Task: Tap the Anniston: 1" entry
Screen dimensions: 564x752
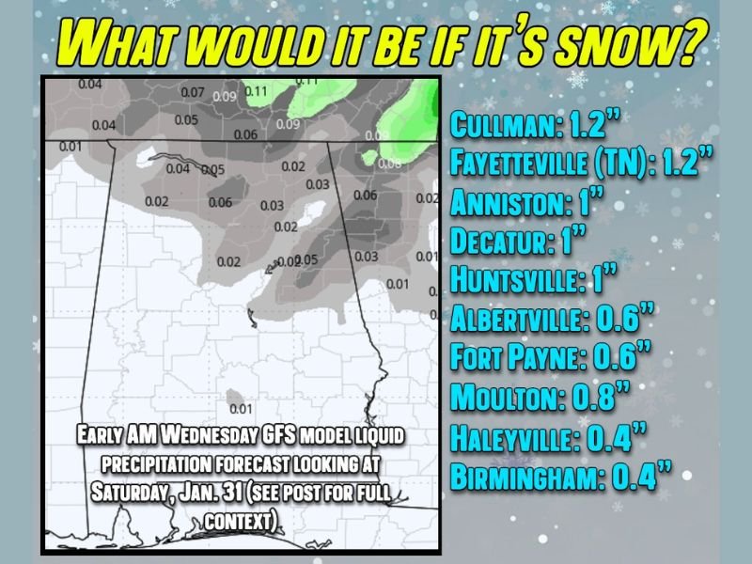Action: (527, 202)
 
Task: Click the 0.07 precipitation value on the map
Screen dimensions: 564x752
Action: (192, 93)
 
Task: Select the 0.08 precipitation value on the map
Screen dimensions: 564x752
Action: (388, 164)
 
